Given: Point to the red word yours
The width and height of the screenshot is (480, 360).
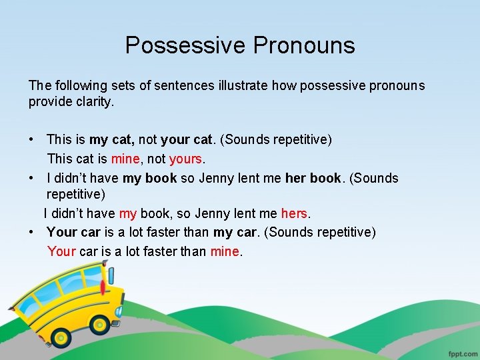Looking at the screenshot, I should tap(185, 159).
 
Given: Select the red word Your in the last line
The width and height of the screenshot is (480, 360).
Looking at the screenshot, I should tap(61, 252).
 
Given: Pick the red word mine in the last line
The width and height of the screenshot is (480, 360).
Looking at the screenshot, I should tap(225, 252).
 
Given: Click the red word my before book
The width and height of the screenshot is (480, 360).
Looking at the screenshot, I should tap(128, 214).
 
